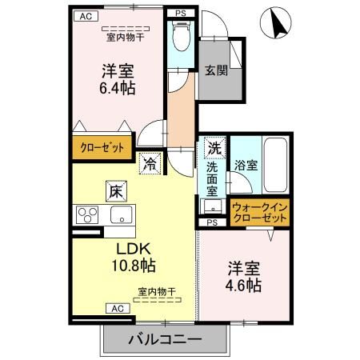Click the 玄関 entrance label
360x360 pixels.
pos(215,70)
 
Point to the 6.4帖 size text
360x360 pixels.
pos(117,87)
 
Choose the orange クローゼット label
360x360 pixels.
pos(100,148)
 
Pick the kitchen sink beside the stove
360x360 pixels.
pos(122,214)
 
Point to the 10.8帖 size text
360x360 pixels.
pos(134,265)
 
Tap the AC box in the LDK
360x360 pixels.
pos(115,307)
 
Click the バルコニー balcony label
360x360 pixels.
pos(165,339)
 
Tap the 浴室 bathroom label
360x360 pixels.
pos(246,166)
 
